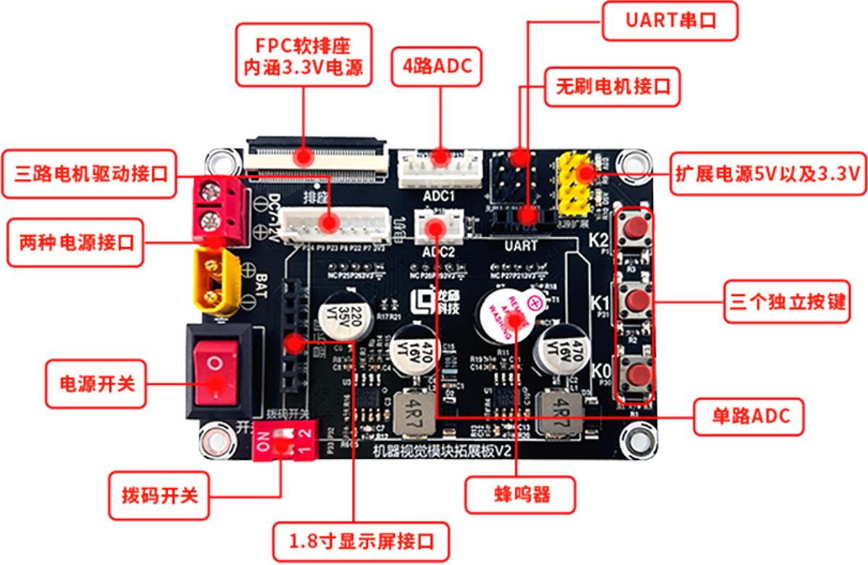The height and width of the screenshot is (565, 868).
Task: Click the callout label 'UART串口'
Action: (670, 20)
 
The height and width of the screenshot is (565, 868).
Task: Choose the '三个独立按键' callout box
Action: (785, 301)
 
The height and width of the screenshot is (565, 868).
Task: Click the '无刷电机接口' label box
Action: (613, 87)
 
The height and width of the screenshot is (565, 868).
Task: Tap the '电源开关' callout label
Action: (92, 383)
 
